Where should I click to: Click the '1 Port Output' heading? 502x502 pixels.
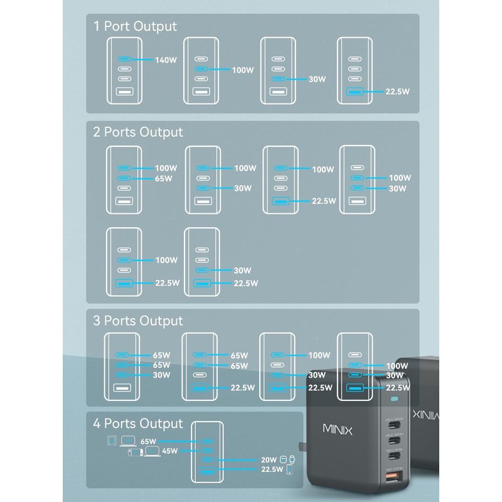point(135,26)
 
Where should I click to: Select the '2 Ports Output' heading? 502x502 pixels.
point(138,132)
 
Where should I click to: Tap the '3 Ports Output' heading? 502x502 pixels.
point(138,321)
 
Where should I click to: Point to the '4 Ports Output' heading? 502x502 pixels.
point(138,424)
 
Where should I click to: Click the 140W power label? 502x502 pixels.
point(166,61)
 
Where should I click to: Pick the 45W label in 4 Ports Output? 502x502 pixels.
point(170,451)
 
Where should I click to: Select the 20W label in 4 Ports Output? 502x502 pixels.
point(269,459)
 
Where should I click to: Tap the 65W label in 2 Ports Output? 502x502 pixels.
point(164,179)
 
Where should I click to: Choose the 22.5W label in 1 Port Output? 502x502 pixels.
point(397,92)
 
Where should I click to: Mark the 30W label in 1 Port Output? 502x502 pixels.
point(318,80)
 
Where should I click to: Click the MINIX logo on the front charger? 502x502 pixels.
point(338,430)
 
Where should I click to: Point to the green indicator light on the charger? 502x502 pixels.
point(395,400)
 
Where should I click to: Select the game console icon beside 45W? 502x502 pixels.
point(135,451)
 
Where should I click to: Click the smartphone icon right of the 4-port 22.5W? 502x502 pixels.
point(289,469)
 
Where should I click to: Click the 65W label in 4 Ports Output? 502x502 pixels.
point(148,442)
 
